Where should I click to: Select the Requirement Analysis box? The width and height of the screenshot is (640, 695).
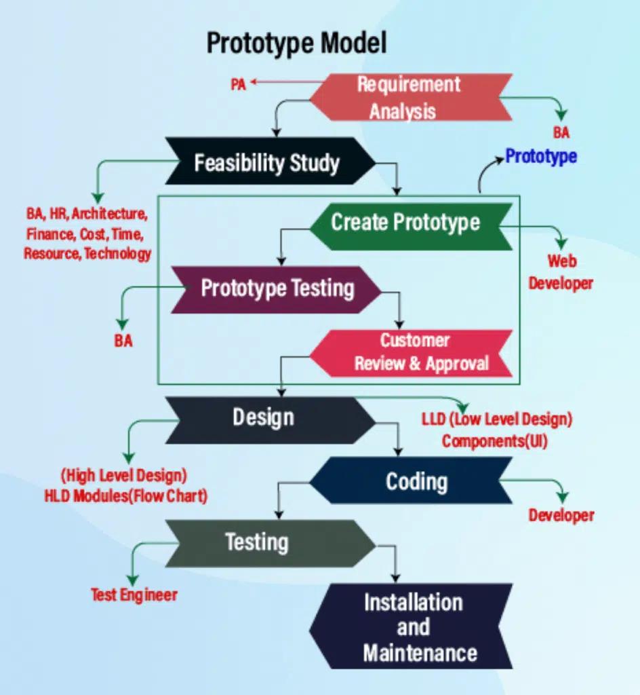pos(409,98)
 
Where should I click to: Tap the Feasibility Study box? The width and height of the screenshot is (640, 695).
pos(267,163)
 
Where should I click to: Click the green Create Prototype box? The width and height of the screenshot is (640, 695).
pos(405,222)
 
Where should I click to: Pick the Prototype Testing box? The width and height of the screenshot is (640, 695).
pos(277,288)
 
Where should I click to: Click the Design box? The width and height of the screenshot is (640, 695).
pos(264,417)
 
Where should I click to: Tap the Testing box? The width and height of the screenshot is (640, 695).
pos(257,542)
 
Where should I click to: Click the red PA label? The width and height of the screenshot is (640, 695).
pos(238,85)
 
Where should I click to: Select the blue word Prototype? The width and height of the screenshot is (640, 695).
pos(541,156)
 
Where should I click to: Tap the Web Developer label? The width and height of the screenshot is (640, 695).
pos(561,272)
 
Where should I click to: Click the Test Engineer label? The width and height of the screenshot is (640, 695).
pos(134,595)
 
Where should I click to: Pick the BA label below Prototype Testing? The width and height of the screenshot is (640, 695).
pos(123,341)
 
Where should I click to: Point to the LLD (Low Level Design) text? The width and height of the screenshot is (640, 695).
pos(497,419)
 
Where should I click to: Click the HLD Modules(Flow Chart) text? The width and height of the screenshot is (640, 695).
pos(125,496)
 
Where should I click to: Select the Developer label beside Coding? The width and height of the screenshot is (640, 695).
pos(561,515)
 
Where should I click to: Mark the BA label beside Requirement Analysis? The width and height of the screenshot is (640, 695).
pos(561,133)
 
